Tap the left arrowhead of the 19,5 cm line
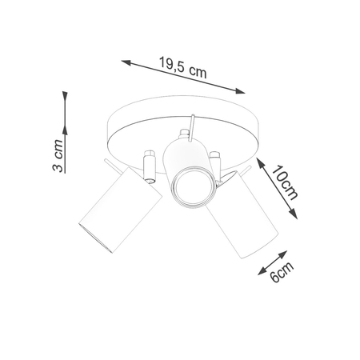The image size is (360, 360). click(x=124, y=60)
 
